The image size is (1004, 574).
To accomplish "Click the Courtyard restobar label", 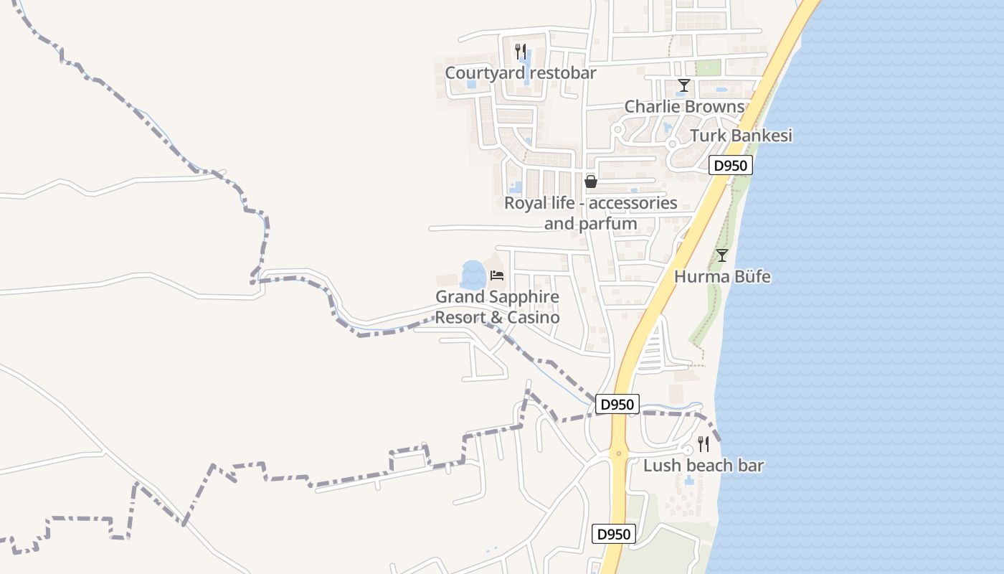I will coord(520,73).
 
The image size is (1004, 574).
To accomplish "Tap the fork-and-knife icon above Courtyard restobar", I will coord(521,52).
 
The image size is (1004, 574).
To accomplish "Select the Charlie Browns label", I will coord(684,107).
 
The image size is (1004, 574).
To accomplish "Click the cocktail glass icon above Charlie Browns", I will coord(684,86).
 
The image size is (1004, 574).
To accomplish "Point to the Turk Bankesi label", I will coord(741,136).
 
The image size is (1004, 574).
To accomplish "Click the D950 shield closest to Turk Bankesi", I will coord(731,166).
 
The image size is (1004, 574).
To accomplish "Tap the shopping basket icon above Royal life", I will coord(591,182).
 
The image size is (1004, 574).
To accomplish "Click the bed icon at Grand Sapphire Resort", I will coord(497,275).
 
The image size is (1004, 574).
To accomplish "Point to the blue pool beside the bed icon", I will coord(473,274).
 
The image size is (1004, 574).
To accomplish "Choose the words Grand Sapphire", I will coord(497,297).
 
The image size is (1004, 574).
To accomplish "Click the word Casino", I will coord(533,317).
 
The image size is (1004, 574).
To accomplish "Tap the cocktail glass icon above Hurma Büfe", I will coord(722,255).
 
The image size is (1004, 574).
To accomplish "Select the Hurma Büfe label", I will coord(722,277).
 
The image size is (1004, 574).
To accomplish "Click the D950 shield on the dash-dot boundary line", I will coord(617,405).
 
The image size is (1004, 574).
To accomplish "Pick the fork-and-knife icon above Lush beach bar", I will coord(704,444).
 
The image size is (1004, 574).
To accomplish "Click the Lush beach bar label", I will coord(703,466).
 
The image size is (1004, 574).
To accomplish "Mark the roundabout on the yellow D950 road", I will coord(618,453).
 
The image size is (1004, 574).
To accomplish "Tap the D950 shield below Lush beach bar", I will coord(615,535).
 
